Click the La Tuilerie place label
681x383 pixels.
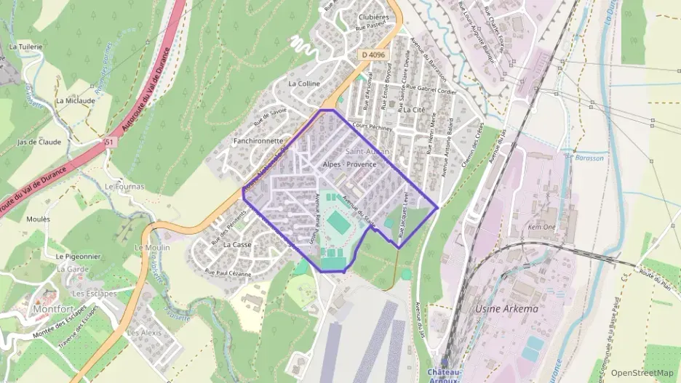tap(23, 46)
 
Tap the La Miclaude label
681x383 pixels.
tap(76, 101)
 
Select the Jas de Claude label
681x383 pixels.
tap(39, 142)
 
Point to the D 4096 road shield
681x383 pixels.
tap(373, 55)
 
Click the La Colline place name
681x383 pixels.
tap(304, 84)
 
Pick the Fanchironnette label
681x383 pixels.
tap(258, 140)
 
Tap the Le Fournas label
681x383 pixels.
tap(124, 187)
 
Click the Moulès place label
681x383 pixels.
tap(38, 219)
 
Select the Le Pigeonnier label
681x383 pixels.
tap(76, 257)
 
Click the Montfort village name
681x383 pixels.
tap(52, 309)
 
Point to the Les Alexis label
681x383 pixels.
tap(143, 332)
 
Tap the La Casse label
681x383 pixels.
tap(237, 245)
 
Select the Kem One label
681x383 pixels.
tap(544, 227)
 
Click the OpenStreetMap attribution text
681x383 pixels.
tap(642, 373)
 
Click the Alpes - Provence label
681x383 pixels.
tap(349, 164)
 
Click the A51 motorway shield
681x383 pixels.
tap(110, 142)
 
